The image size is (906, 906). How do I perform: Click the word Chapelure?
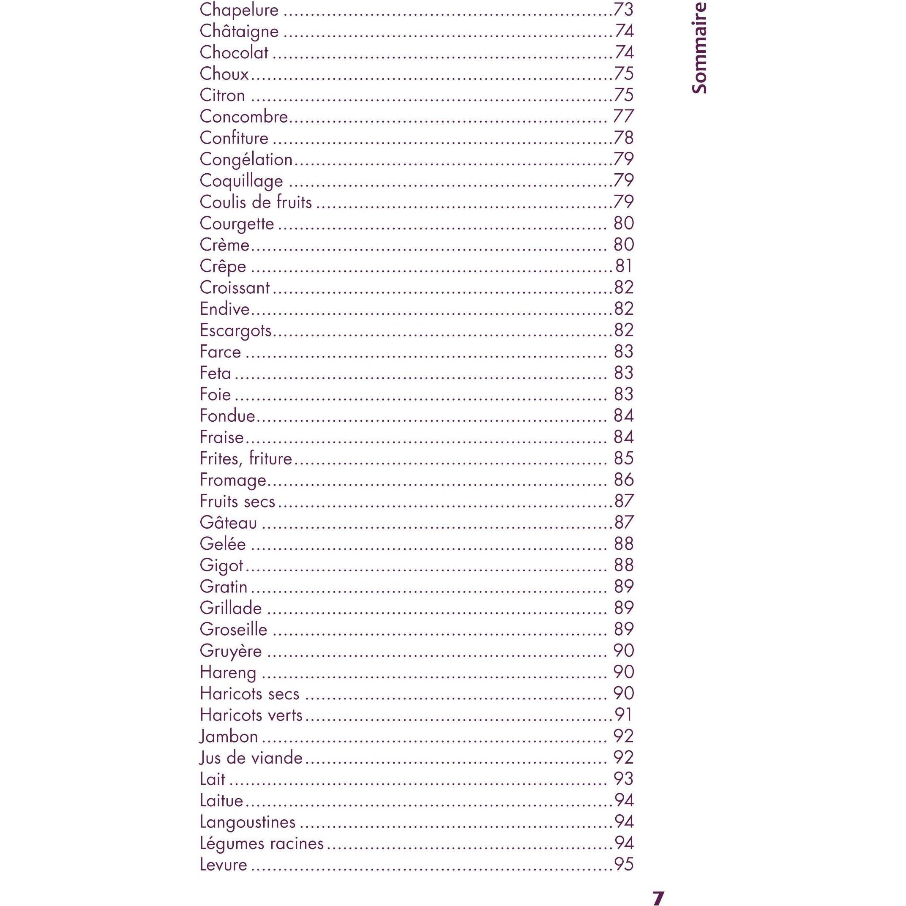point(239,10)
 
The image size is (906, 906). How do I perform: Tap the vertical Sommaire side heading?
point(699,48)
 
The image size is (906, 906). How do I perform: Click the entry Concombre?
point(244,116)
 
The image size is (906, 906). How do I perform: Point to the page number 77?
point(623,116)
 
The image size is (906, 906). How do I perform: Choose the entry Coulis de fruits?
point(256,202)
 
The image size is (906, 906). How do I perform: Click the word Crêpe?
point(223,266)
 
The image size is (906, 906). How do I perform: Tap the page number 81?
point(624,266)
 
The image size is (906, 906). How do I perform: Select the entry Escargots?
point(235,330)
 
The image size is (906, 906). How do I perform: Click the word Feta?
point(215,373)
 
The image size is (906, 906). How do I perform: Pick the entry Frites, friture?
point(246,458)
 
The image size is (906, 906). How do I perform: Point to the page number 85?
point(624,458)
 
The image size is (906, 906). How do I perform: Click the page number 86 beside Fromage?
point(624,480)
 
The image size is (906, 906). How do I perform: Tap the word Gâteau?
point(228,522)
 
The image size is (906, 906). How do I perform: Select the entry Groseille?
point(233,629)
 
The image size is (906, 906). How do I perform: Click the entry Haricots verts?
point(251,715)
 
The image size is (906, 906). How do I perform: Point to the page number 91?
point(624,715)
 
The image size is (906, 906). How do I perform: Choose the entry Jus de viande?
point(251,758)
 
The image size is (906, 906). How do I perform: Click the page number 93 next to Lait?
point(624,779)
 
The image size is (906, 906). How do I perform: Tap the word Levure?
point(223,864)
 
